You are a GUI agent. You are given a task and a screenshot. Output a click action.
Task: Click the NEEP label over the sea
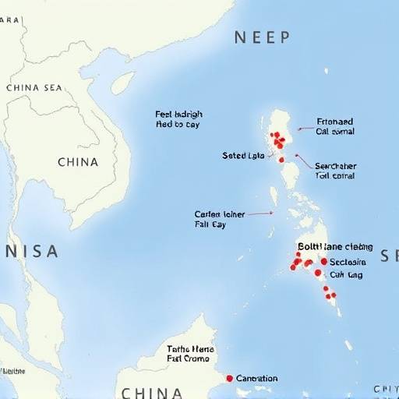click(262, 37)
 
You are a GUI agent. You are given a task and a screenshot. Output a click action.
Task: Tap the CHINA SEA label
click(34, 87)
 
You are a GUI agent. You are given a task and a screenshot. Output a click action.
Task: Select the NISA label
click(31, 251)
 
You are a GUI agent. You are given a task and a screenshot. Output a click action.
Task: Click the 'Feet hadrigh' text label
click(179, 114)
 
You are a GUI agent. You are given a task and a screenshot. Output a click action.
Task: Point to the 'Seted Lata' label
click(243, 156)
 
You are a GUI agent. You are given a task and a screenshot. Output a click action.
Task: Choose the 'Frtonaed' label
click(335, 122)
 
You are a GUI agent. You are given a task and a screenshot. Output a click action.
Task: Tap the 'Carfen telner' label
click(219, 213)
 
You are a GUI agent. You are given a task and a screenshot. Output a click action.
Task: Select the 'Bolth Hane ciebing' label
click(335, 246)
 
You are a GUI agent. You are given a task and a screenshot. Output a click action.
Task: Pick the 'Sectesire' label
click(348, 262)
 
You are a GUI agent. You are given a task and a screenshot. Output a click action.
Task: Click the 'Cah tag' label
click(346, 274)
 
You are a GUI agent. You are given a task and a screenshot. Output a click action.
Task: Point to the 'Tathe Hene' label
click(190, 350)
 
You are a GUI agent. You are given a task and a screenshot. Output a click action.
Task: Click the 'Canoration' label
click(256, 378)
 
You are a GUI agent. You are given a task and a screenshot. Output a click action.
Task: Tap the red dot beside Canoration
click(229, 378)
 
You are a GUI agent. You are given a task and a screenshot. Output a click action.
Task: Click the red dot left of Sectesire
click(323, 261)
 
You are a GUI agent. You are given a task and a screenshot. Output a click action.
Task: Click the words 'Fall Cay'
click(210, 224)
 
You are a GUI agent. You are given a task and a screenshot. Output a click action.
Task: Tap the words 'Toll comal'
click(335, 176)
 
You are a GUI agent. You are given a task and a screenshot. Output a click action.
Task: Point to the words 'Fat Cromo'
click(189, 361)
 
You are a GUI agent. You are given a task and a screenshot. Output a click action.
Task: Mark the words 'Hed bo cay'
click(178, 124)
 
